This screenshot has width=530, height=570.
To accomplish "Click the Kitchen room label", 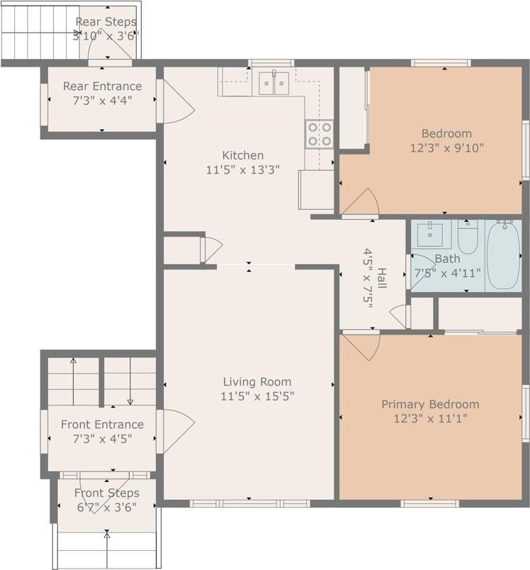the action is tap(242, 155).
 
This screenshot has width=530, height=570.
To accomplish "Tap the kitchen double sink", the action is tap(274, 83).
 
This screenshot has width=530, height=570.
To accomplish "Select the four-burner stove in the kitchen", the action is tap(320, 134).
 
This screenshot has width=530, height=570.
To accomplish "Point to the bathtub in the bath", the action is tap(503, 255).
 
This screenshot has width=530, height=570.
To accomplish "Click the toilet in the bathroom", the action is tap(468, 237).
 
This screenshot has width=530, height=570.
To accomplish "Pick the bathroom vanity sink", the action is tap(430, 235).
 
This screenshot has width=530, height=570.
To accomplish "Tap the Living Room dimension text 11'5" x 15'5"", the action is tap(257, 396).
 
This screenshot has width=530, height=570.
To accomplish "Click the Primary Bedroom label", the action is tap(431, 404).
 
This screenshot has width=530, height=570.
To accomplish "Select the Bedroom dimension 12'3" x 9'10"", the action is tap(447, 148).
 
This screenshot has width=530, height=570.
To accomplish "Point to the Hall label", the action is tap(381, 278).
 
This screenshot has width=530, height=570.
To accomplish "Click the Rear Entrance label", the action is tap(103, 86).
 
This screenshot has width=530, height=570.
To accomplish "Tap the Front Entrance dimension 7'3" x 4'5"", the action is tap(103, 439).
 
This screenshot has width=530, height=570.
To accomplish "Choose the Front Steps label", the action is tap(107, 493).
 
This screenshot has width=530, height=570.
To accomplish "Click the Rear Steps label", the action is tap(106, 22).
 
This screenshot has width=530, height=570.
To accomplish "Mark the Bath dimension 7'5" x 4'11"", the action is tap(448, 273).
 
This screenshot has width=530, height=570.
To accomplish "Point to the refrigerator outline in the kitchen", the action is tap(316, 190).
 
